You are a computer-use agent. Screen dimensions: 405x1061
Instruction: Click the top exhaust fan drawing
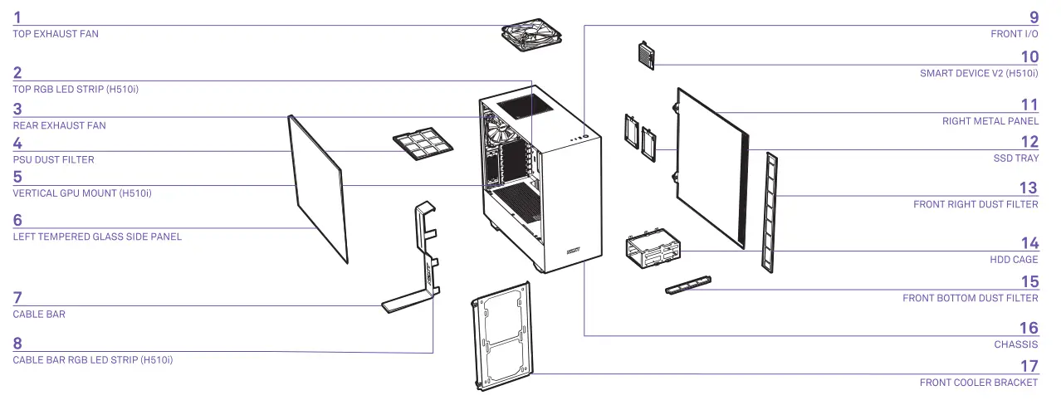(532, 35)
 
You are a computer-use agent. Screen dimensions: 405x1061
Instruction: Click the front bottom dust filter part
(689, 285)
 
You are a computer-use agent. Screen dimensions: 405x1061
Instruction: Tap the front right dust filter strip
(772, 212)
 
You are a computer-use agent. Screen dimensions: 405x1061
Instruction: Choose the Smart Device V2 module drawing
(646, 54)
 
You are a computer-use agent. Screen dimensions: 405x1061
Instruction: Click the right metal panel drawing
(711, 166)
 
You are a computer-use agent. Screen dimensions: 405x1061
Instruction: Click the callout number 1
(18, 17)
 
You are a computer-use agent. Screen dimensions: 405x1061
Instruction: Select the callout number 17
(1029, 366)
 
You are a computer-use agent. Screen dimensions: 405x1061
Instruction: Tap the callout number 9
(1034, 17)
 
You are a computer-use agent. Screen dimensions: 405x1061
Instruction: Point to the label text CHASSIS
(1015, 344)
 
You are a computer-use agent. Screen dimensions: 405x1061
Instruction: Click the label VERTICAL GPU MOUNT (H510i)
(82, 193)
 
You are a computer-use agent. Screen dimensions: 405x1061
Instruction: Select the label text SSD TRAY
(1015, 158)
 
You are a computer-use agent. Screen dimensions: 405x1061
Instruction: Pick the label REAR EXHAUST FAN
(59, 125)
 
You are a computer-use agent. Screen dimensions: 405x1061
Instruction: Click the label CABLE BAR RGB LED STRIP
(93, 359)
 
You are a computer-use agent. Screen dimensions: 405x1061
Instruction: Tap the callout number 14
(1029, 243)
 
